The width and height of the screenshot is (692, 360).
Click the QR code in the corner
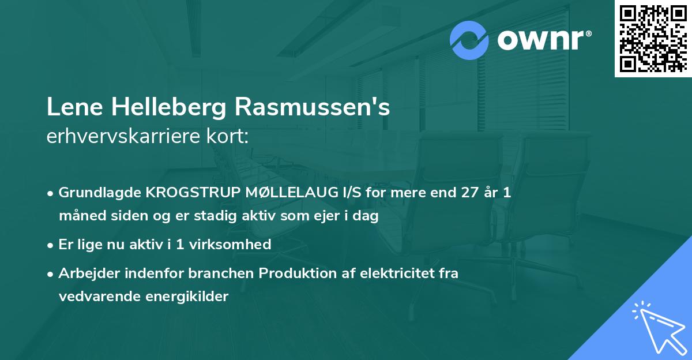pyautogui.click(x=653, y=38)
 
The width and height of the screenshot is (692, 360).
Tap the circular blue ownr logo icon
pyautogui.click(x=469, y=40)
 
